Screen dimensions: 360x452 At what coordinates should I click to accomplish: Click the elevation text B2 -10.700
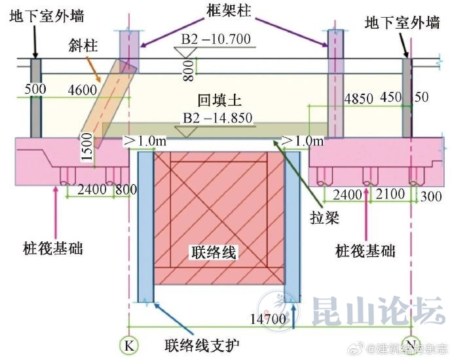216,39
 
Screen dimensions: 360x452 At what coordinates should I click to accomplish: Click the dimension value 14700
270,319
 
